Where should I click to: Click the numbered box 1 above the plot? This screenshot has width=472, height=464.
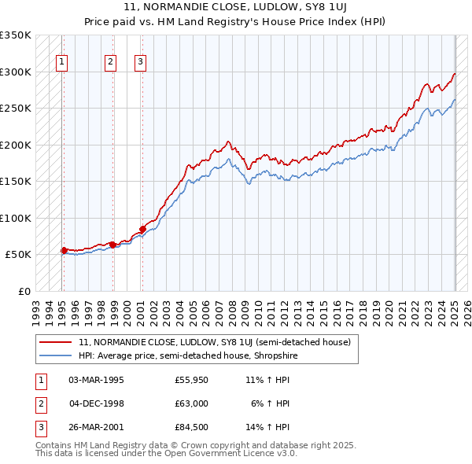point(61,63)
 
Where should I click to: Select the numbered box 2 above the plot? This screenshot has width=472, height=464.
point(111,63)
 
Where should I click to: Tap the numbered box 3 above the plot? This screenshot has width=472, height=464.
point(140,63)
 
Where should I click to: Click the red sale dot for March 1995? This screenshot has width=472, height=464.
point(64,250)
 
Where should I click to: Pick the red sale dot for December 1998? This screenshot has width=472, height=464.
point(113,245)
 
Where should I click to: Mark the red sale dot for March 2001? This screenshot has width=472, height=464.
point(142,229)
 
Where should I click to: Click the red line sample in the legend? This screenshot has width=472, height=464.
point(56,342)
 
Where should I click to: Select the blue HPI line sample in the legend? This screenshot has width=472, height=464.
point(56,355)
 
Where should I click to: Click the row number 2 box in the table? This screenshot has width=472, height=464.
point(39,403)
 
